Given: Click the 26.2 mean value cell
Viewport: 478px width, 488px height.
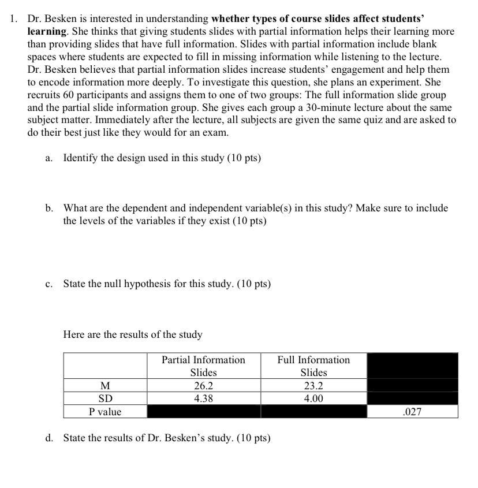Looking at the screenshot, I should click(x=203, y=386).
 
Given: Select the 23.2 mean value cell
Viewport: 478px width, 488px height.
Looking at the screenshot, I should click(x=313, y=386).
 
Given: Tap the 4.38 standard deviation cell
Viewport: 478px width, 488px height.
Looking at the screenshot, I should click(x=203, y=398).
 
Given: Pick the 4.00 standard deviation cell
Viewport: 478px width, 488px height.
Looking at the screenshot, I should click(x=313, y=398).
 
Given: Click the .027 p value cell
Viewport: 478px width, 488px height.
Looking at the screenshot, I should click(x=412, y=412).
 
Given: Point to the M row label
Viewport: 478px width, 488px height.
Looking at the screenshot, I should click(x=105, y=386).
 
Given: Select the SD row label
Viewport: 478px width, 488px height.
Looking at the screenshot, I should click(x=105, y=398).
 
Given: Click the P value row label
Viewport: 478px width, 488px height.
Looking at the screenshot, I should click(x=105, y=412).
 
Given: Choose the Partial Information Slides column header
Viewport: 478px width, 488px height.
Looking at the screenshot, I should click(x=203, y=366).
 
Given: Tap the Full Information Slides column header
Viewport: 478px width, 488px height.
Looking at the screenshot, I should click(x=313, y=366).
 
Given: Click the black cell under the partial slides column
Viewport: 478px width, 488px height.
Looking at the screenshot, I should click(x=203, y=412).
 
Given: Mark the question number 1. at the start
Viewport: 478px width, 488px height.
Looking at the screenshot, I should click(x=14, y=18).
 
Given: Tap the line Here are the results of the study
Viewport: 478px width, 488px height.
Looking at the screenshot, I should click(x=133, y=334).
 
